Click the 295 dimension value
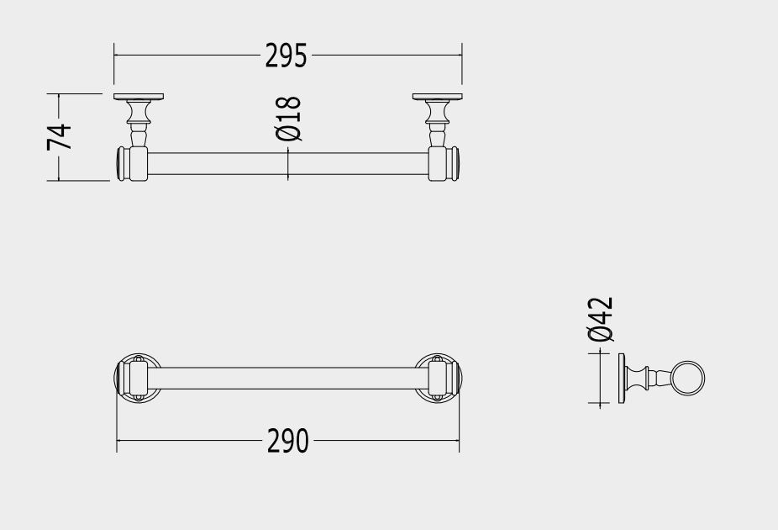[x=286, y=56]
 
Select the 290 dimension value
[x=288, y=441]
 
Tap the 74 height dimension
[x=60, y=137]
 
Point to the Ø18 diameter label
[x=288, y=119]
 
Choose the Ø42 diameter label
[x=601, y=320]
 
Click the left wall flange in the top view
[x=139, y=97]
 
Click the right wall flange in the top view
[x=437, y=97]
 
